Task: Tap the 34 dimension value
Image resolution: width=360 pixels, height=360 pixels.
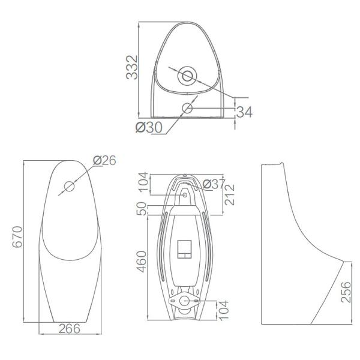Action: [x=244, y=112]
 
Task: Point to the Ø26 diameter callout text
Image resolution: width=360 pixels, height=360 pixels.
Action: [x=104, y=160]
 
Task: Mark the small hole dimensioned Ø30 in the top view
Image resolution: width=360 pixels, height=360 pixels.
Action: [x=187, y=108]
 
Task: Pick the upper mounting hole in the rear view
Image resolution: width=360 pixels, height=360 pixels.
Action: [x=185, y=194]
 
